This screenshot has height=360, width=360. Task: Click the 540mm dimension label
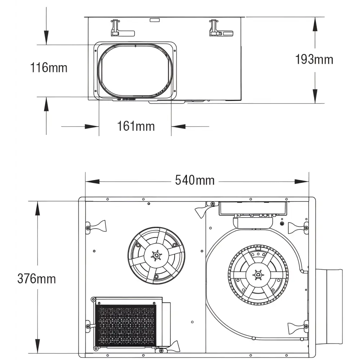(x=195, y=180)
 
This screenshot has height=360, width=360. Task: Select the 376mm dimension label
(x=37, y=278)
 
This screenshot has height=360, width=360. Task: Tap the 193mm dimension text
(x=314, y=59)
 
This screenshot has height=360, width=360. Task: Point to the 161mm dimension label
(x=136, y=126)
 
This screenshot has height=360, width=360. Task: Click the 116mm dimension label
(x=49, y=67)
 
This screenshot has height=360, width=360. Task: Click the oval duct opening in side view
(x=135, y=71)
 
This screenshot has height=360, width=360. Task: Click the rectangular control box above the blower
(x=253, y=208)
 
